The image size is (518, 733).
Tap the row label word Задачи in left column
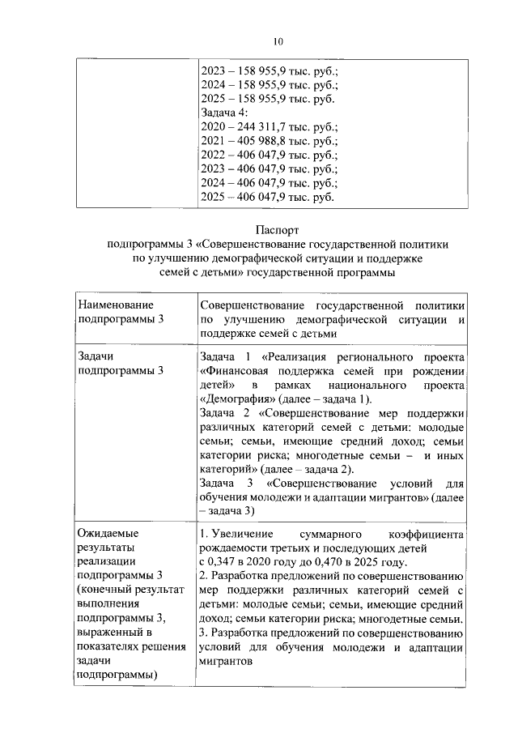(x=95, y=356)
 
